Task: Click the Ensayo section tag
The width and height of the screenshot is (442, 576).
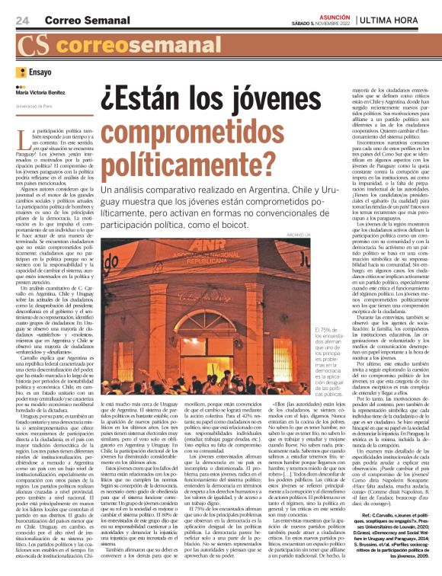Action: pyautogui.click(x=40, y=72)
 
